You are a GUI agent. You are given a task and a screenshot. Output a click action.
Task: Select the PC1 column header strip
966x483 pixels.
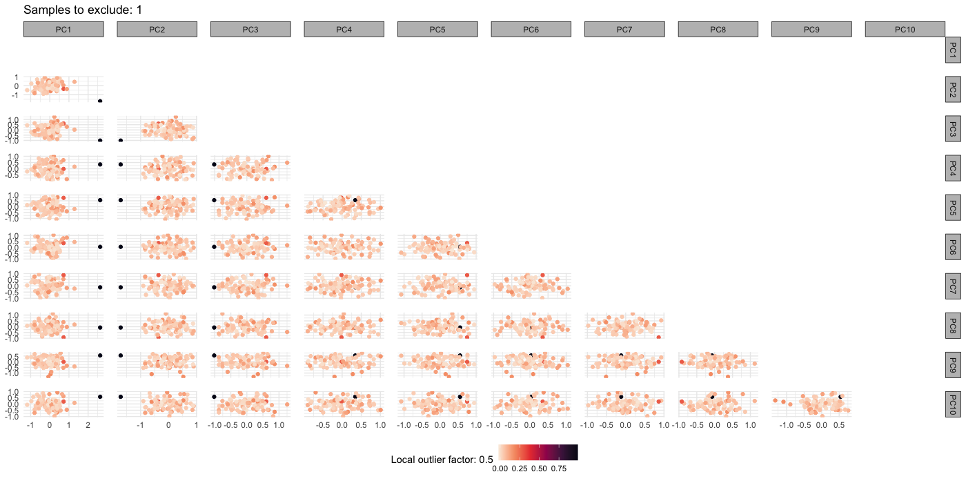[63, 29]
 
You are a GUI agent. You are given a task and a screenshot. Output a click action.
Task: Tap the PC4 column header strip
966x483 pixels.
[344, 29]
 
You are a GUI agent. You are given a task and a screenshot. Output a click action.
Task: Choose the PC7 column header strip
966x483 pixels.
[624, 29]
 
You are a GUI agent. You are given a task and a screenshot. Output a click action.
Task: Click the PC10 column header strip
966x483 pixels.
[905, 29]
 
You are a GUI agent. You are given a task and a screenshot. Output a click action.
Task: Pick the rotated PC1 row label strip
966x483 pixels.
[953, 50]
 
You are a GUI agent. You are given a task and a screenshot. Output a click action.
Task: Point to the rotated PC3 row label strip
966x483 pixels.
[953, 128]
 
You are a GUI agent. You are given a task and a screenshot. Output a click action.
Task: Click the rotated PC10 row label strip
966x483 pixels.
[953, 402]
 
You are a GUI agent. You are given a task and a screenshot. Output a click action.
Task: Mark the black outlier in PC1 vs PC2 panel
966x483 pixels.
[100, 101]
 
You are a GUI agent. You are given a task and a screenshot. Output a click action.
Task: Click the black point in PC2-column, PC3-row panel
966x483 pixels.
[121, 141]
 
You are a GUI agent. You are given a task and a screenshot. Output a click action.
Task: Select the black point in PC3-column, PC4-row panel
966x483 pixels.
[214, 164]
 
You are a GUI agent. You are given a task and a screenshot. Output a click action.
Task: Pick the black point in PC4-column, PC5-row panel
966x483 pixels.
[355, 200]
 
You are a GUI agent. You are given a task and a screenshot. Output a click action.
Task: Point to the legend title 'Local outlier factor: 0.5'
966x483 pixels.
[442, 460]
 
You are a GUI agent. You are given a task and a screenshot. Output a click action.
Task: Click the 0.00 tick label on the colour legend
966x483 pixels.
[501, 469]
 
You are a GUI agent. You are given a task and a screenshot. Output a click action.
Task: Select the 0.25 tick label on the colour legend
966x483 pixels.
[520, 469]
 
